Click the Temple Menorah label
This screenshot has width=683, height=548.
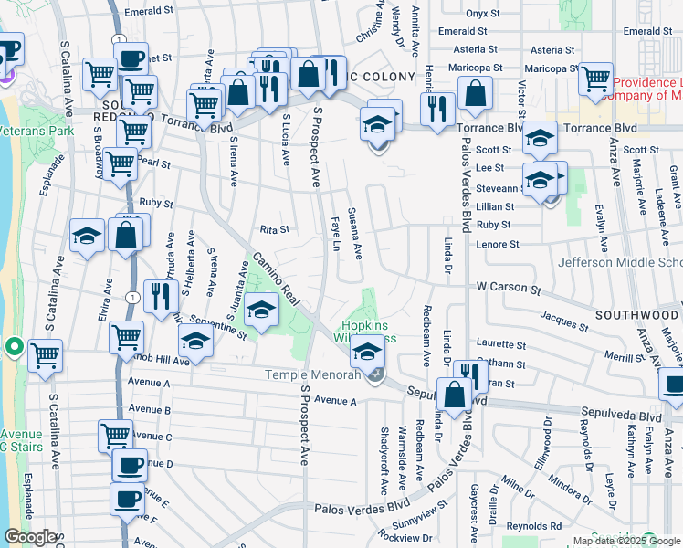[310, 374]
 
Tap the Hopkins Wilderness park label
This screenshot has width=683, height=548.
[369, 332]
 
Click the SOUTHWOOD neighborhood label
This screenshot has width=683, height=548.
[638, 314]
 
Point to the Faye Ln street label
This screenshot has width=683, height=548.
[336, 234]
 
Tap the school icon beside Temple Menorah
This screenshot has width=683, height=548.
[368, 351]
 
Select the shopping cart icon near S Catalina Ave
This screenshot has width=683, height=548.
[45, 354]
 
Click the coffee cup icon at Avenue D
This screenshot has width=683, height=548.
[129, 465]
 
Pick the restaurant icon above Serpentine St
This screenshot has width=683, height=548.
[159, 296]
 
